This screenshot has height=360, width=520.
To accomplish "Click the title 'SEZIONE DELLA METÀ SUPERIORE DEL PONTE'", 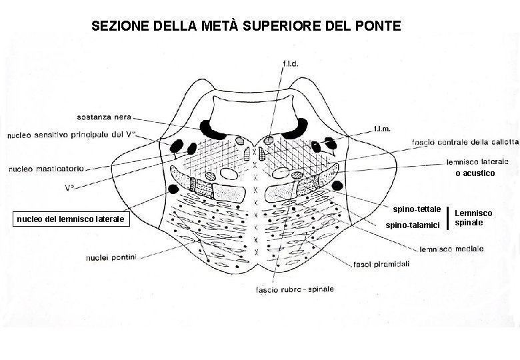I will pyautogui.click(x=246, y=27).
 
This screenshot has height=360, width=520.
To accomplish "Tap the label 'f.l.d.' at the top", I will pyautogui.click(x=291, y=63).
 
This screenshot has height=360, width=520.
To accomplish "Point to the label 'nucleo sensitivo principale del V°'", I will pyautogui.click(x=72, y=135).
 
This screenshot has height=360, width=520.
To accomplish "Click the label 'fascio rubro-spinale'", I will pyautogui.click(x=295, y=289).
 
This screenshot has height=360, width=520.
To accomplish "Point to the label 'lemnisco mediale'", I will pyautogui.click(x=452, y=249).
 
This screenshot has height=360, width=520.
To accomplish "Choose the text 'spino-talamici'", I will pyautogui.click(x=413, y=225).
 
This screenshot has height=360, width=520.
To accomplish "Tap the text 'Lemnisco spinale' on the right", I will pyautogui.click(x=473, y=217).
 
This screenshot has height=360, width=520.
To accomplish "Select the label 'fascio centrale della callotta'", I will pyautogui.click(x=465, y=141).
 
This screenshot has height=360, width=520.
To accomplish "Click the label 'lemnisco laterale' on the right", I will pyautogui.click(x=477, y=161).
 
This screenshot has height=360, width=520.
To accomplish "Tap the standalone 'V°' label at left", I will pyautogui.click(x=69, y=188).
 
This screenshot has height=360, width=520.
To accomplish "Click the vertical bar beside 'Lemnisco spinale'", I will pyautogui.click(x=447, y=217).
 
